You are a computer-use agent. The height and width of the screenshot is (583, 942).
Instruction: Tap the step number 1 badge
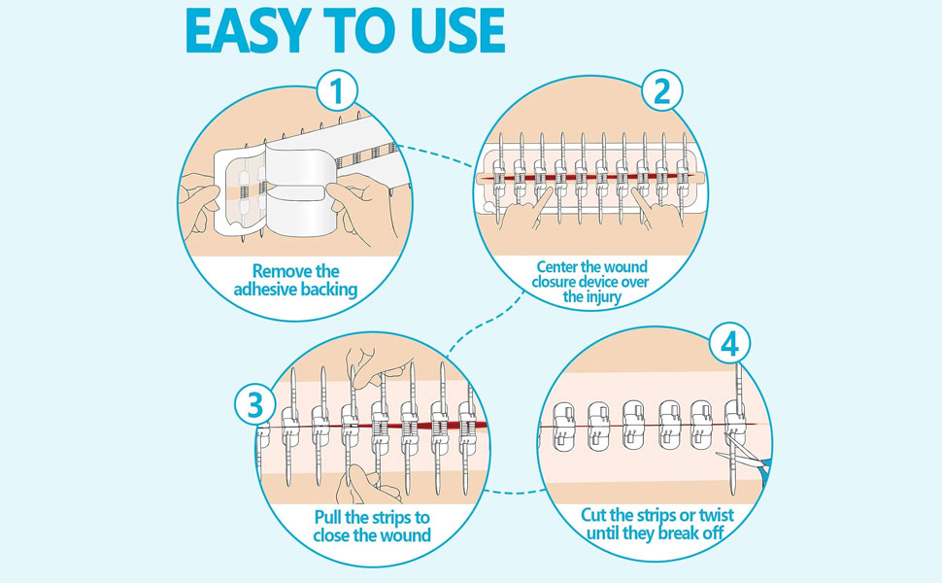tap(337, 92)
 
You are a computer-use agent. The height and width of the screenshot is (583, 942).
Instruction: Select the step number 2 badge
tap(662, 92)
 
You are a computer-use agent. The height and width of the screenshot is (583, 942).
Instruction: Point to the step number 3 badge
tap(255, 404)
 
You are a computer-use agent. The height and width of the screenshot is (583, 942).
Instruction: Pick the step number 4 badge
tap(730, 345)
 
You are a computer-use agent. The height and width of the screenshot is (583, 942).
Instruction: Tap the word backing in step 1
tap(329, 290)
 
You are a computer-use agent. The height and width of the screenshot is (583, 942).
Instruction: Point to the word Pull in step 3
tap(328, 518)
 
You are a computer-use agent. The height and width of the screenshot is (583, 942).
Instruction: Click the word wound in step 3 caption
tap(408, 535)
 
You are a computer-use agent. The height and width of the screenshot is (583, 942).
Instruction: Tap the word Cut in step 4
tap(593, 515)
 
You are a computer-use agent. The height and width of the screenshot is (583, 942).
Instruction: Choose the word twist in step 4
tap(716, 515)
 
